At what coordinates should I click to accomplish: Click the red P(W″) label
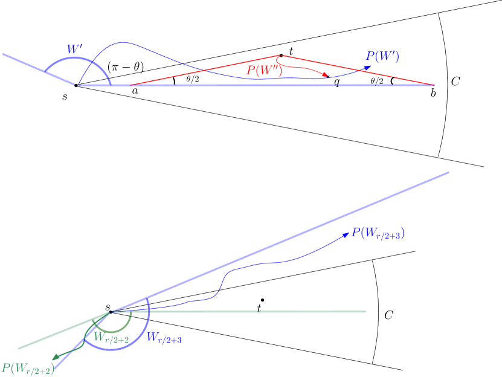[264, 70]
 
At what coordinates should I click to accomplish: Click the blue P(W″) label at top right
[382, 57]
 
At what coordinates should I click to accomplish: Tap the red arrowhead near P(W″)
[325, 75]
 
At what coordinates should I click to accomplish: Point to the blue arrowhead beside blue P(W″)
[367, 67]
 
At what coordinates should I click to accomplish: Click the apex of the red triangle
[278, 55]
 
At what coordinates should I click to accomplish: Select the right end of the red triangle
[434, 85]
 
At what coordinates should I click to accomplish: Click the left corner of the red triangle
[130, 85]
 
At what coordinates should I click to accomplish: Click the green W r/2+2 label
[111, 339]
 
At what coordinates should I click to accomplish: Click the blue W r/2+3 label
[164, 338]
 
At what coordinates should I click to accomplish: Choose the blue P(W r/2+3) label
[378, 233]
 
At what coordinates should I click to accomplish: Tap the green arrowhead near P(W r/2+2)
[55, 356]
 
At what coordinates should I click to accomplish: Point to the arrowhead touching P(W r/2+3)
[346, 233]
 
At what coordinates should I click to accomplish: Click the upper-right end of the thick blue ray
[449, 172]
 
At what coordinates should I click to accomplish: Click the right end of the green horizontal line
[366, 311]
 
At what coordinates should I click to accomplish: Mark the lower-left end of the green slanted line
[19, 349]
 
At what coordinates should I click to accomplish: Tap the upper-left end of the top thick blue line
[2, 54]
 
